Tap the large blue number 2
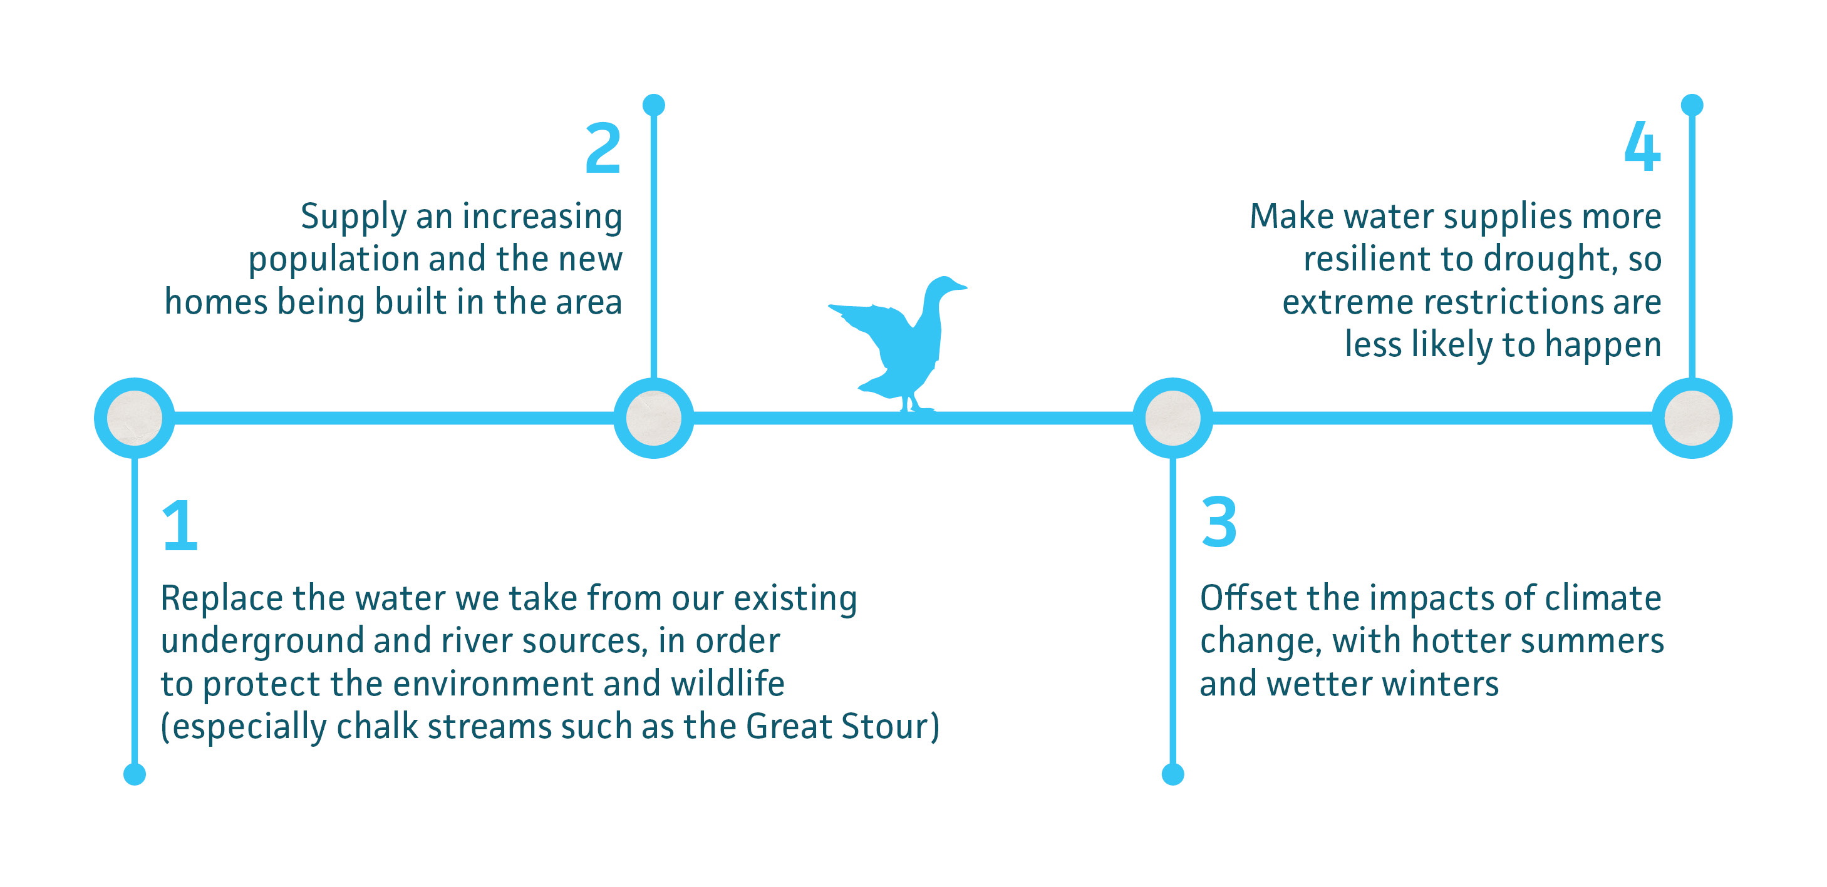click(x=603, y=148)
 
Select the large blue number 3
click(x=1218, y=523)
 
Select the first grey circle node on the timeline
click(x=135, y=418)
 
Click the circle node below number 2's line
click(x=653, y=418)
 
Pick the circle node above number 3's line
click(x=1172, y=418)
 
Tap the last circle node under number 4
click(x=1692, y=418)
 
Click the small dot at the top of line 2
click(x=653, y=105)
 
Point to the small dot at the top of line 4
click(x=1692, y=105)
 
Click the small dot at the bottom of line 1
click(x=135, y=774)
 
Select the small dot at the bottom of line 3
click(x=1172, y=774)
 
